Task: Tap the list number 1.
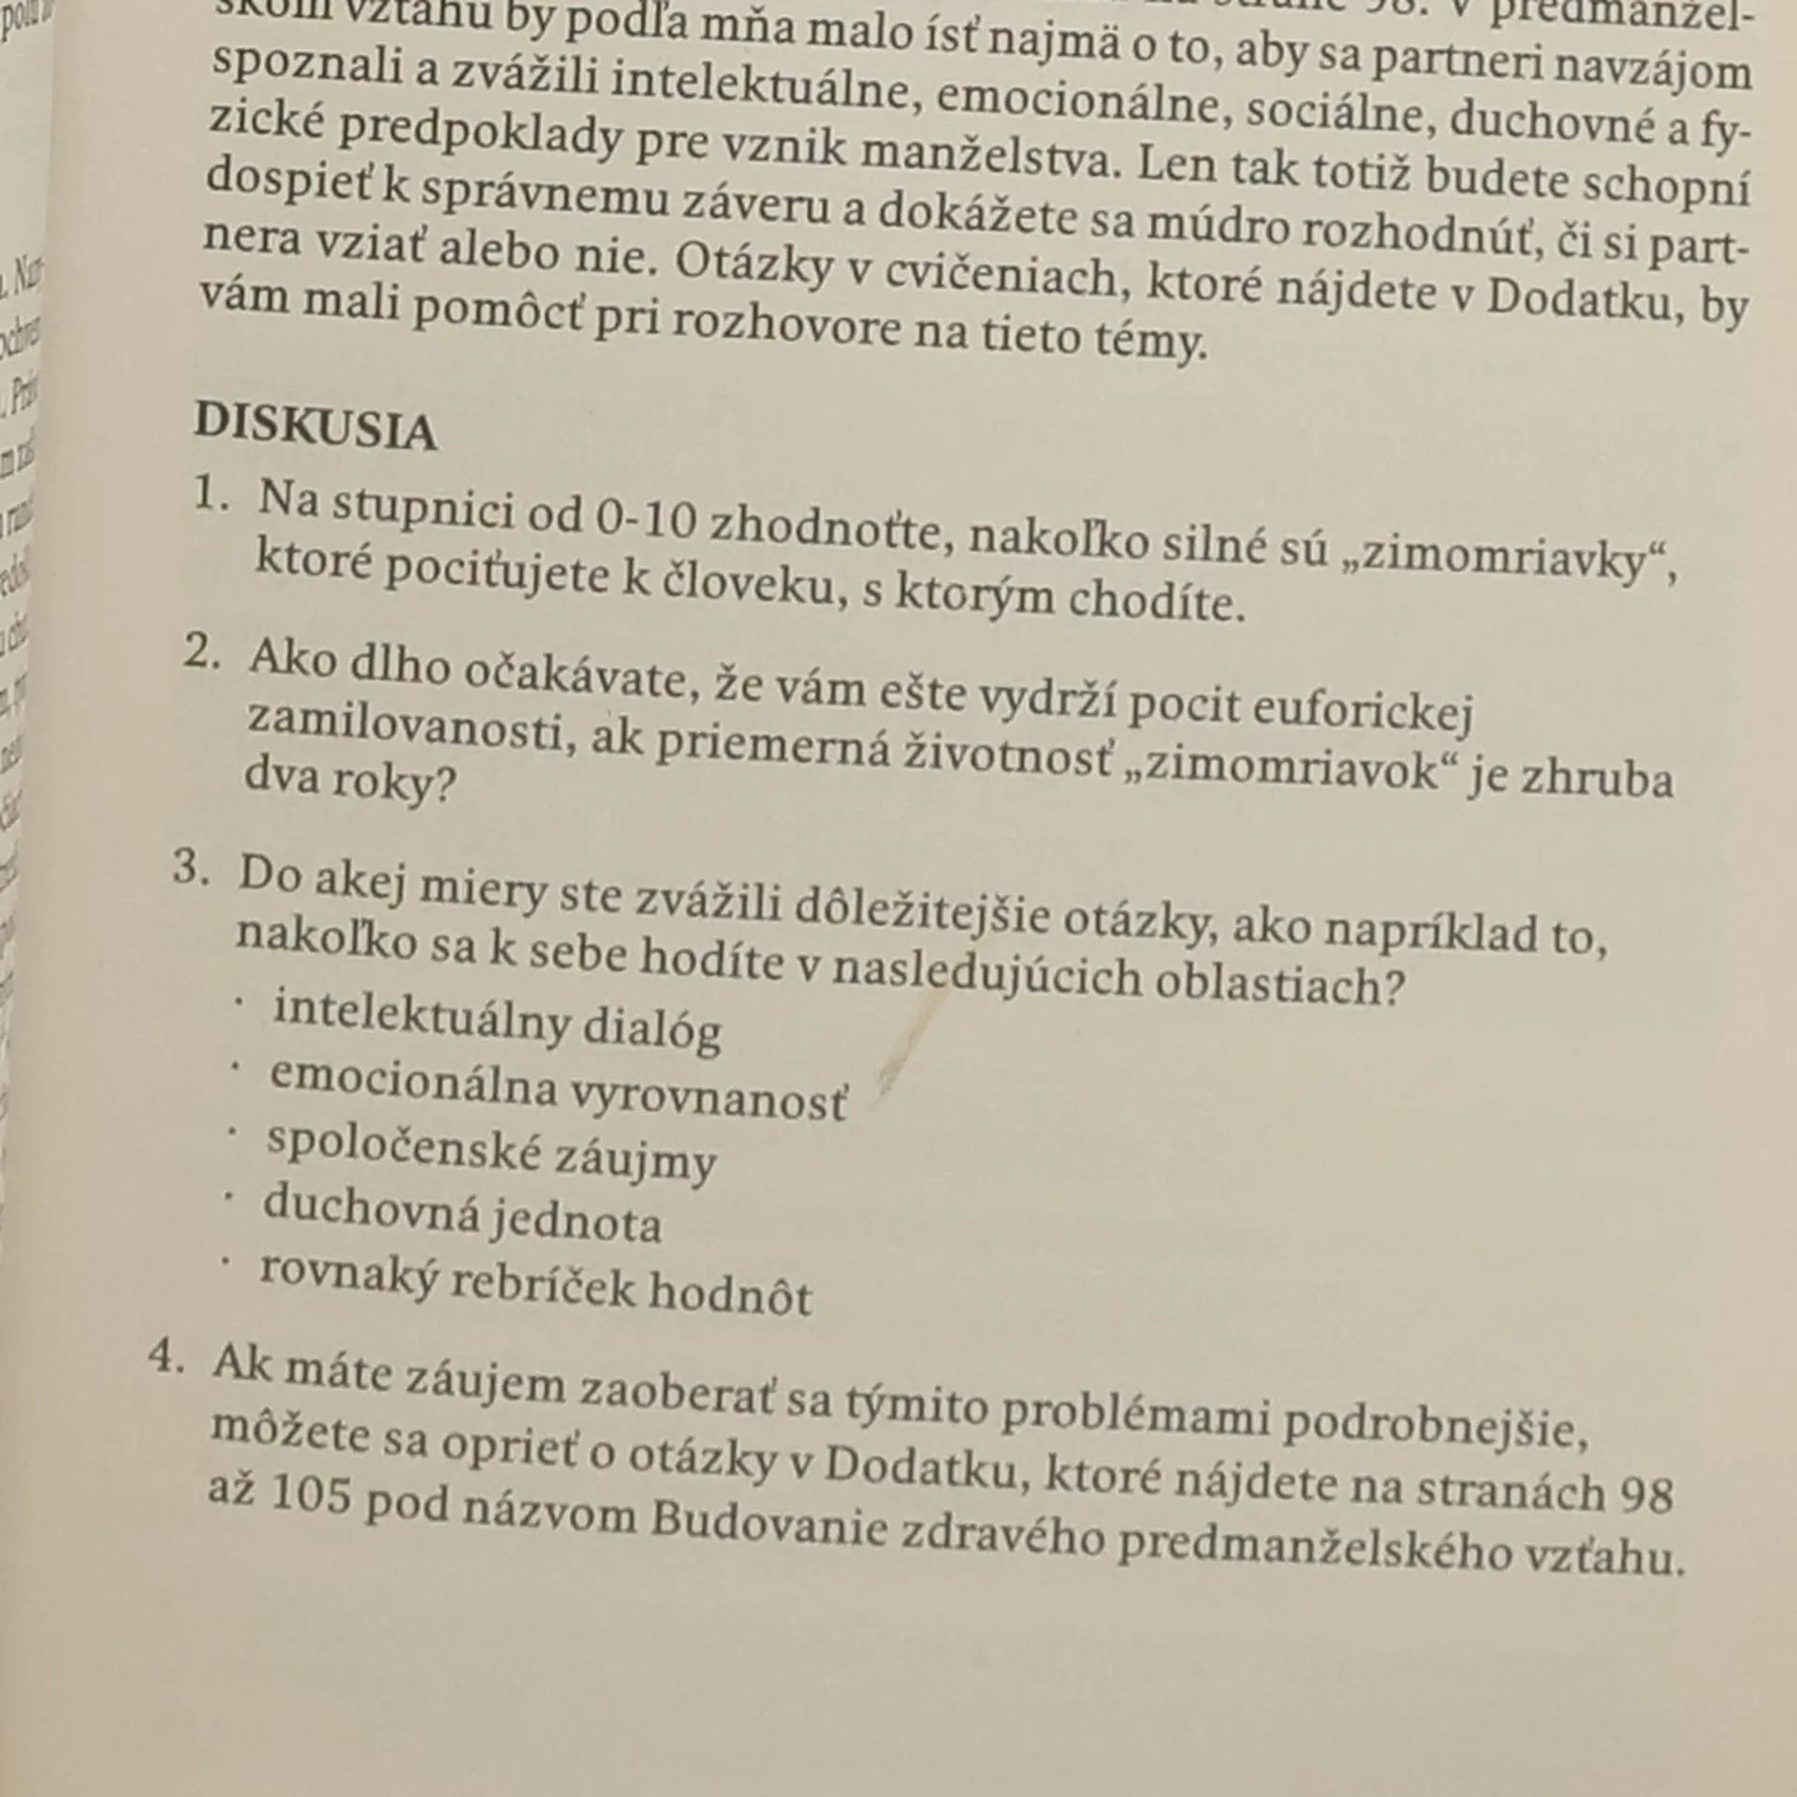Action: (210, 495)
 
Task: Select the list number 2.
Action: (201, 652)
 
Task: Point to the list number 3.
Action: (190, 868)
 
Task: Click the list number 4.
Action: (168, 1355)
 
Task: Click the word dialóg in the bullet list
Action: (651, 1028)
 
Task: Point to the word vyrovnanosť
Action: (707, 1097)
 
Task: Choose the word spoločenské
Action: (403, 1147)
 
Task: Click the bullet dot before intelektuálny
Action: (240, 1001)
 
